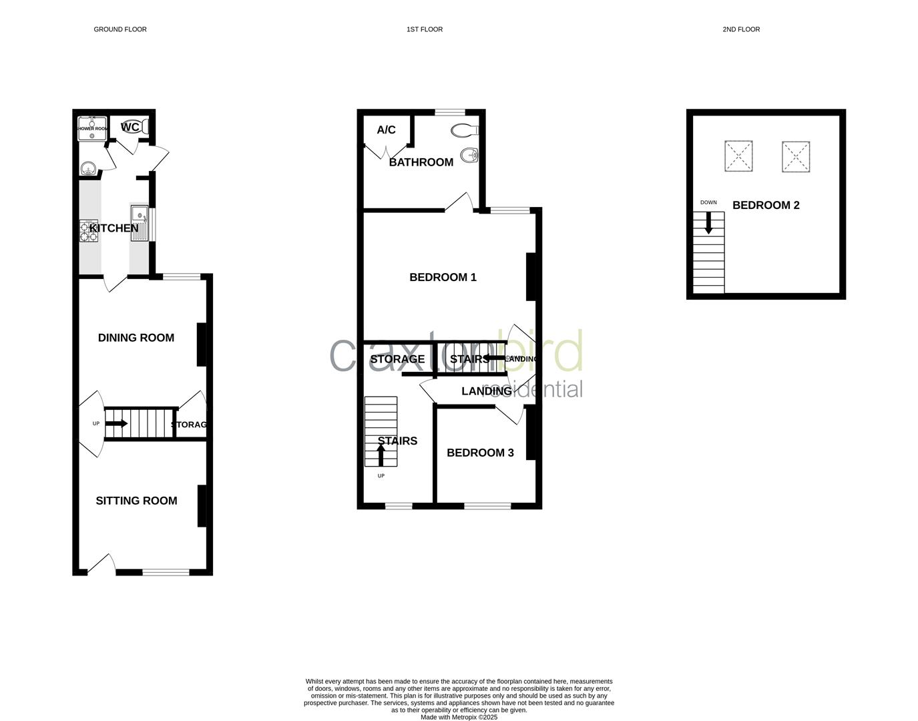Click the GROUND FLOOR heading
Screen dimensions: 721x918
120,29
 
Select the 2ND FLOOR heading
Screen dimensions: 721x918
741,29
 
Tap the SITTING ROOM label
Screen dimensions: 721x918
136,501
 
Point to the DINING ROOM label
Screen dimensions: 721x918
136,338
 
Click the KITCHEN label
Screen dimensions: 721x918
114,228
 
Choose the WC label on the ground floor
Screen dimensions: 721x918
130,127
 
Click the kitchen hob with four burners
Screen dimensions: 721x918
89,230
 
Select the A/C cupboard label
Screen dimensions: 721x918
386,130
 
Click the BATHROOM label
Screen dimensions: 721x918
421,162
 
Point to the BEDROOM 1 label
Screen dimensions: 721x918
443,277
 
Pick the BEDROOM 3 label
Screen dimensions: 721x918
480,453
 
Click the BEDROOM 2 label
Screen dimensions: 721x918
766,205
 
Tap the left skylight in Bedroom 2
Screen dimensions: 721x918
738,156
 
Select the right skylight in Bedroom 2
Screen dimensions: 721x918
796,156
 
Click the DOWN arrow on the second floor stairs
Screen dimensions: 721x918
709,222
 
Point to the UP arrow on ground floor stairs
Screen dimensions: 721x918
117,423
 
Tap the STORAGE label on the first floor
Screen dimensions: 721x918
397,359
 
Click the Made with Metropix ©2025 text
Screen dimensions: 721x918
459,717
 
